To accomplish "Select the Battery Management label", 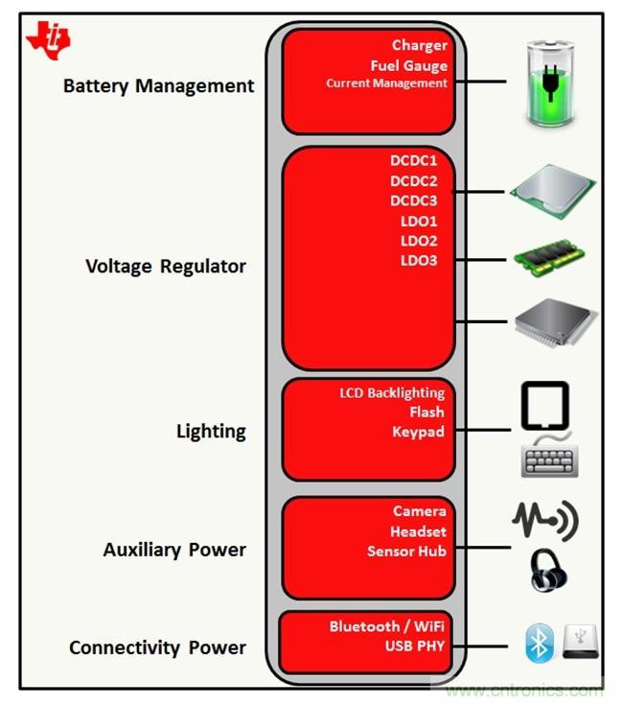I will [x=158, y=85].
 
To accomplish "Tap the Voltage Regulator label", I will [x=165, y=266].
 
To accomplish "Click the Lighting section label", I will [x=211, y=431].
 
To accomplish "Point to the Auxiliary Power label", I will [x=174, y=550].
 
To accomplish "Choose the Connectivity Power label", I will [x=157, y=647].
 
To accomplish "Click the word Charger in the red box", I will [x=419, y=45].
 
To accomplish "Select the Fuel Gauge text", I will [x=408, y=65].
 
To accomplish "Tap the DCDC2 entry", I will [x=413, y=180].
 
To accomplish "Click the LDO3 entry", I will [x=419, y=260].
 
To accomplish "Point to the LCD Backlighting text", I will [x=392, y=392].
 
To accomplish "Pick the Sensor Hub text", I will [x=406, y=551].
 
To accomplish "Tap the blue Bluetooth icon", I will [x=540, y=643].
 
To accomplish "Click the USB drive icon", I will [x=581, y=641].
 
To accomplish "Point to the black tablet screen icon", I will [x=544, y=406].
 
